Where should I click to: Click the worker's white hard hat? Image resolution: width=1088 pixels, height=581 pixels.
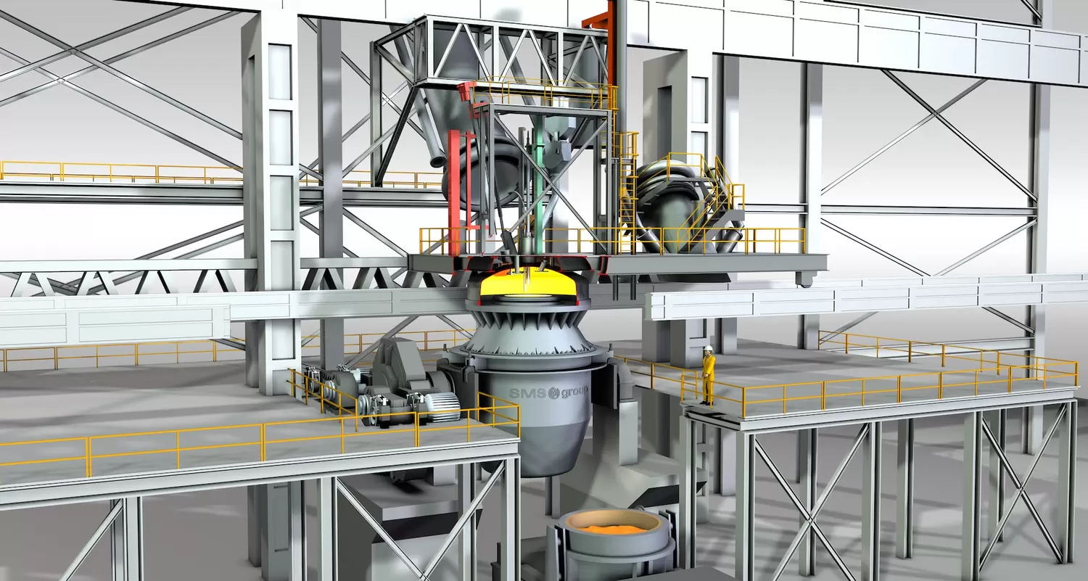click(x=709, y=348)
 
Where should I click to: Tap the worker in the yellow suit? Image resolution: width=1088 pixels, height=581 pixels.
click(x=708, y=374)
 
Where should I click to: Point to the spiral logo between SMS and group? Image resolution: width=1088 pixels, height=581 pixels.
click(x=553, y=393)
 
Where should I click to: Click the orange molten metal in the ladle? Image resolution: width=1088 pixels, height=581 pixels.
click(x=610, y=528)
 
